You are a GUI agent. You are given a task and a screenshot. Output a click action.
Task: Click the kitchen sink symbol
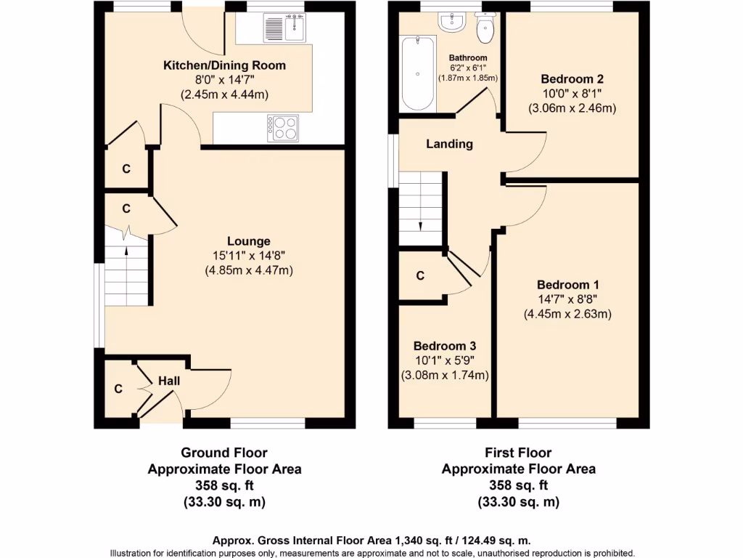285,29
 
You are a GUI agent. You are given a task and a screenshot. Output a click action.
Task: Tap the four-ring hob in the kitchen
283,128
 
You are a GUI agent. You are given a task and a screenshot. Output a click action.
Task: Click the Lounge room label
248,241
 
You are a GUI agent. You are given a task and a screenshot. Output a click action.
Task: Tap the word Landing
449,144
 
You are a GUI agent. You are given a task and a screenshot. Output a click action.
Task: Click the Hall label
169,381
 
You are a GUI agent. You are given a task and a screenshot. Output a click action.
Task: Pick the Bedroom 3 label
444,347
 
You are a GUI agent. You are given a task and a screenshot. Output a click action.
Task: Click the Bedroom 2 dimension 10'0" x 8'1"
572,94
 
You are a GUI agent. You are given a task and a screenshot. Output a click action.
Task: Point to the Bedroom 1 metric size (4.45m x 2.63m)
567,314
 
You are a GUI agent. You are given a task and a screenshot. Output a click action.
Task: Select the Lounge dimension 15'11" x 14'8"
248,256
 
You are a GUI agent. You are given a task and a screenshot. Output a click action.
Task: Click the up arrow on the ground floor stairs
126,251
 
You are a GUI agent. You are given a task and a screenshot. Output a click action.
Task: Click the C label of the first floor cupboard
420,275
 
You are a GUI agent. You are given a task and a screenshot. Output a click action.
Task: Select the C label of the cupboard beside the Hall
118,389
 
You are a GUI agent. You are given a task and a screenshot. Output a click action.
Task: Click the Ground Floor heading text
224,453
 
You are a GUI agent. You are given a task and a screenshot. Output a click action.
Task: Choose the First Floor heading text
518,453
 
